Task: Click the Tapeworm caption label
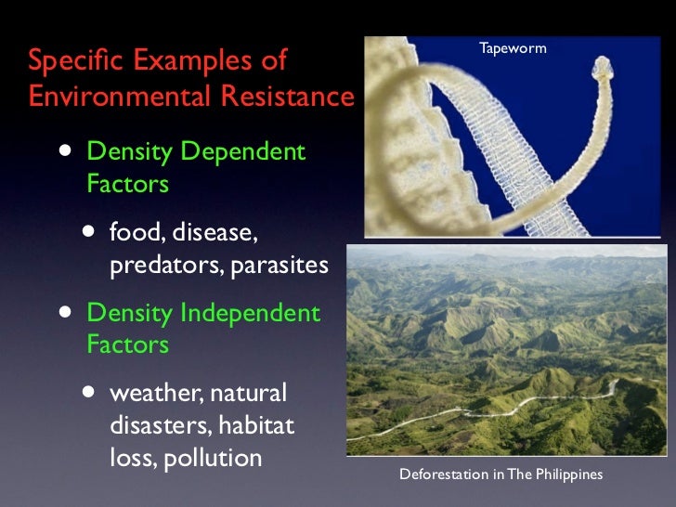pyautogui.click(x=513, y=47)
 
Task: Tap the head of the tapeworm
pyautogui.click(x=601, y=68)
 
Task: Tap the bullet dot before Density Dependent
pyautogui.click(x=62, y=153)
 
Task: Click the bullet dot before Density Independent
pyautogui.click(x=62, y=314)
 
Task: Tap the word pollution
pyautogui.click(x=213, y=459)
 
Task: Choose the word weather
pyautogui.click(x=149, y=393)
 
